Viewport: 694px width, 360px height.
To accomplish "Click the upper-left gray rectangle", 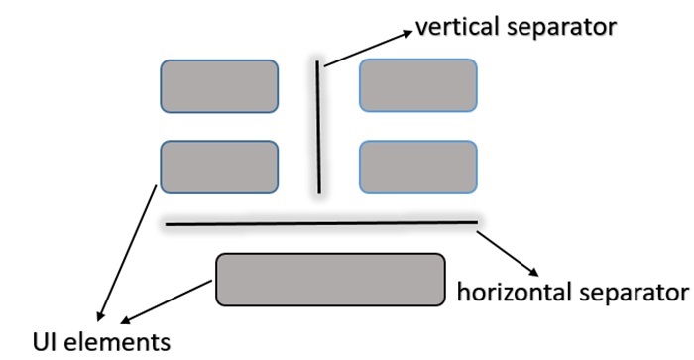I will pyautogui.click(x=219, y=86).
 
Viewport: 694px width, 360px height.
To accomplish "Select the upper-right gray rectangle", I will pyautogui.click(x=417, y=85).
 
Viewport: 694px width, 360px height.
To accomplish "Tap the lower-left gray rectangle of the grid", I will pyautogui.click(x=219, y=167).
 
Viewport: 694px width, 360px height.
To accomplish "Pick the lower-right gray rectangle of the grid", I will pyautogui.click(x=417, y=167).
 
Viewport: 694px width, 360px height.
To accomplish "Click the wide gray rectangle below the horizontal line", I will pyautogui.click(x=330, y=279).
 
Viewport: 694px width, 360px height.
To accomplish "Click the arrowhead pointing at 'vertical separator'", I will pyautogui.click(x=405, y=33).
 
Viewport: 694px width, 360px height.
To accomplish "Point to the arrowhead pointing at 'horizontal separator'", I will pyautogui.click(x=532, y=271).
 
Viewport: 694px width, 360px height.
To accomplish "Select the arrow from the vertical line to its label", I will pyautogui.click(x=365, y=50).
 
